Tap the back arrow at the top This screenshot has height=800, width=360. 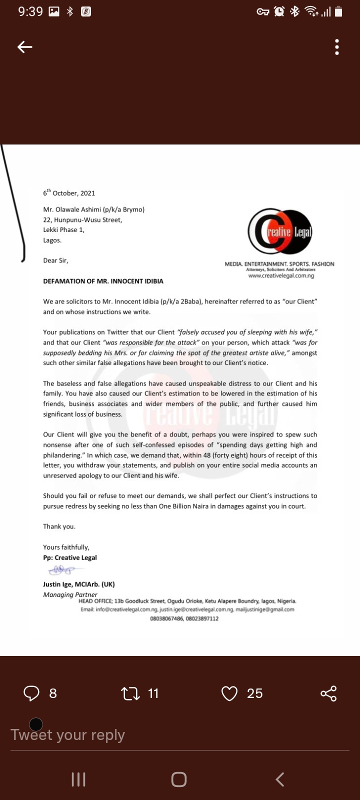[25, 47]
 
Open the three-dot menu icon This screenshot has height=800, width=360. [337, 47]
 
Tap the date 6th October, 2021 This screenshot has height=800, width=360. [69, 193]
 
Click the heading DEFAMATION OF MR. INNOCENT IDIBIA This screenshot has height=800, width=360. [103, 281]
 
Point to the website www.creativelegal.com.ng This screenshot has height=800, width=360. [281, 275]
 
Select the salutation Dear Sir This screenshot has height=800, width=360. [55, 260]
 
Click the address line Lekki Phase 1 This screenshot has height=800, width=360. [63, 230]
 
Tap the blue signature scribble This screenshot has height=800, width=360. [60, 570]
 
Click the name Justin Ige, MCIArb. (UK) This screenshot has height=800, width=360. [79, 584]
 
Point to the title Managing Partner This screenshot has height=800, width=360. [70, 594]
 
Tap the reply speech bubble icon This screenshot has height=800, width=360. [31, 693]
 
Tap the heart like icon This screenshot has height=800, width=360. [229, 693]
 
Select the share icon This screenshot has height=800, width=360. [328, 693]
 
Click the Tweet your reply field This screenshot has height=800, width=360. [68, 735]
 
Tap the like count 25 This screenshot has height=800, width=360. [254, 693]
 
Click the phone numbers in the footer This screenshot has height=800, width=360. [184, 618]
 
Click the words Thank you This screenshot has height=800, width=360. [59, 526]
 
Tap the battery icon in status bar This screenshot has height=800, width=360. [338, 11]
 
